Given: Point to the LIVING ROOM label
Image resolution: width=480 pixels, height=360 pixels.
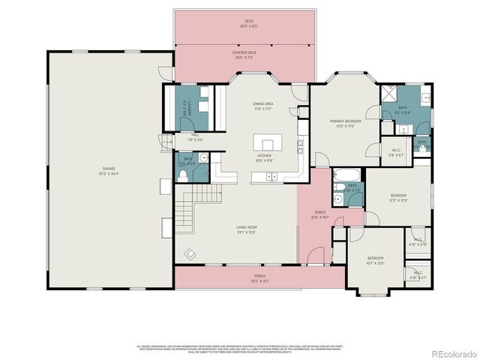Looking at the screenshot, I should [247, 227].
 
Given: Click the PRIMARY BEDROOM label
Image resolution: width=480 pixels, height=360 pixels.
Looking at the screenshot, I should [345, 121].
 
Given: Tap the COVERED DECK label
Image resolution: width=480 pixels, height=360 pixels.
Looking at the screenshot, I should [244, 53].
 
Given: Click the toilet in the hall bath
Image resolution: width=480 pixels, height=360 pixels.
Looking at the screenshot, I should [183, 175].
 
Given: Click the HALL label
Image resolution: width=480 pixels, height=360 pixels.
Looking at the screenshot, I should [194, 135].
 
